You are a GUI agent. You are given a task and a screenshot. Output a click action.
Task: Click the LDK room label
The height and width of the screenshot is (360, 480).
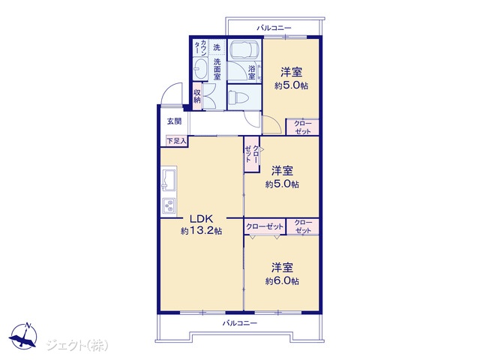[x=201, y=219]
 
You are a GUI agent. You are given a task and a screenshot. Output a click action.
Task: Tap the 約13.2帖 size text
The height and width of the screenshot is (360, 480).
[x=201, y=231]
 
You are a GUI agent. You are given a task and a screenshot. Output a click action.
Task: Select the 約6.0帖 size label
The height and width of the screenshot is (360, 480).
[x=282, y=281]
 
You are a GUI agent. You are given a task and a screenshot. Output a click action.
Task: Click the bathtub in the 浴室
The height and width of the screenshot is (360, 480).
[x=244, y=51]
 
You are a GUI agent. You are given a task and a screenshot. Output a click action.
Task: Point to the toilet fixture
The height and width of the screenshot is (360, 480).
[x=239, y=98]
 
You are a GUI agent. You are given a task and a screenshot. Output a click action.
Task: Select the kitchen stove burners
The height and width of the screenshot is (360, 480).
[x=169, y=205]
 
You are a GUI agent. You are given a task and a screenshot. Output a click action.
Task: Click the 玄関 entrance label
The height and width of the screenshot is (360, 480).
[x=174, y=121]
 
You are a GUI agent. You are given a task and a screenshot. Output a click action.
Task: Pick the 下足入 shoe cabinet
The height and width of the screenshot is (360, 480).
[x=176, y=141]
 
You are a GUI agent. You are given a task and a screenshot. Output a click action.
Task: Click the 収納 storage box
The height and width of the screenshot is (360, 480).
[x=197, y=96]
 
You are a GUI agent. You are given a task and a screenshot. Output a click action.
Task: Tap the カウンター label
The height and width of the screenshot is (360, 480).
[x=200, y=47]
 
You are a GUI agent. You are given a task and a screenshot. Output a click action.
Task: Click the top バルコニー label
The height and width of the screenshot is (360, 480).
[x=274, y=28]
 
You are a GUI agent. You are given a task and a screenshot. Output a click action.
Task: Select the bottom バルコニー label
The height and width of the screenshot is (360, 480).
[x=240, y=323]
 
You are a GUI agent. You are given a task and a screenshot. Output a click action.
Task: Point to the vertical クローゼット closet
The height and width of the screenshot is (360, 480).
[x=252, y=154]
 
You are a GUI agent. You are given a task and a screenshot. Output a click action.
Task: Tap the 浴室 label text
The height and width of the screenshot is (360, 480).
[x=252, y=72]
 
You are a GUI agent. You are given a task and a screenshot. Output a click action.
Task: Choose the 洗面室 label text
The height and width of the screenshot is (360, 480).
[x=217, y=69]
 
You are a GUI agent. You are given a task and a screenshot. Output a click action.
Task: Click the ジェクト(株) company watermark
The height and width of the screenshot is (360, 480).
[x=77, y=345]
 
